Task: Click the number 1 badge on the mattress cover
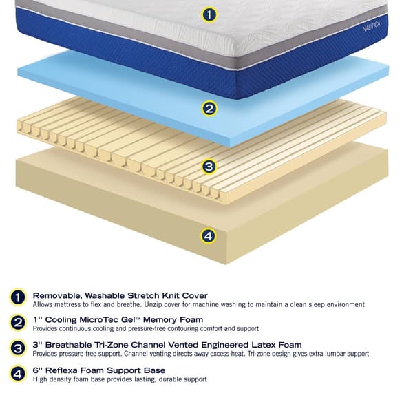click(x=211, y=14)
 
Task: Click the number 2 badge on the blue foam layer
click(x=209, y=108)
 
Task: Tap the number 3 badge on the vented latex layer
click(x=209, y=167)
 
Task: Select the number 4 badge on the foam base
click(x=208, y=236)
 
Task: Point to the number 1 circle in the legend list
click(x=18, y=298)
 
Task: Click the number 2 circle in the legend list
click(x=18, y=323)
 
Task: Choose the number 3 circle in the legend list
click(x=18, y=348)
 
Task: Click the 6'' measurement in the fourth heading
click(x=38, y=370)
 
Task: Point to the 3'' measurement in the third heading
click(x=38, y=345)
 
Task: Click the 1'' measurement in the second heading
click(x=38, y=320)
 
